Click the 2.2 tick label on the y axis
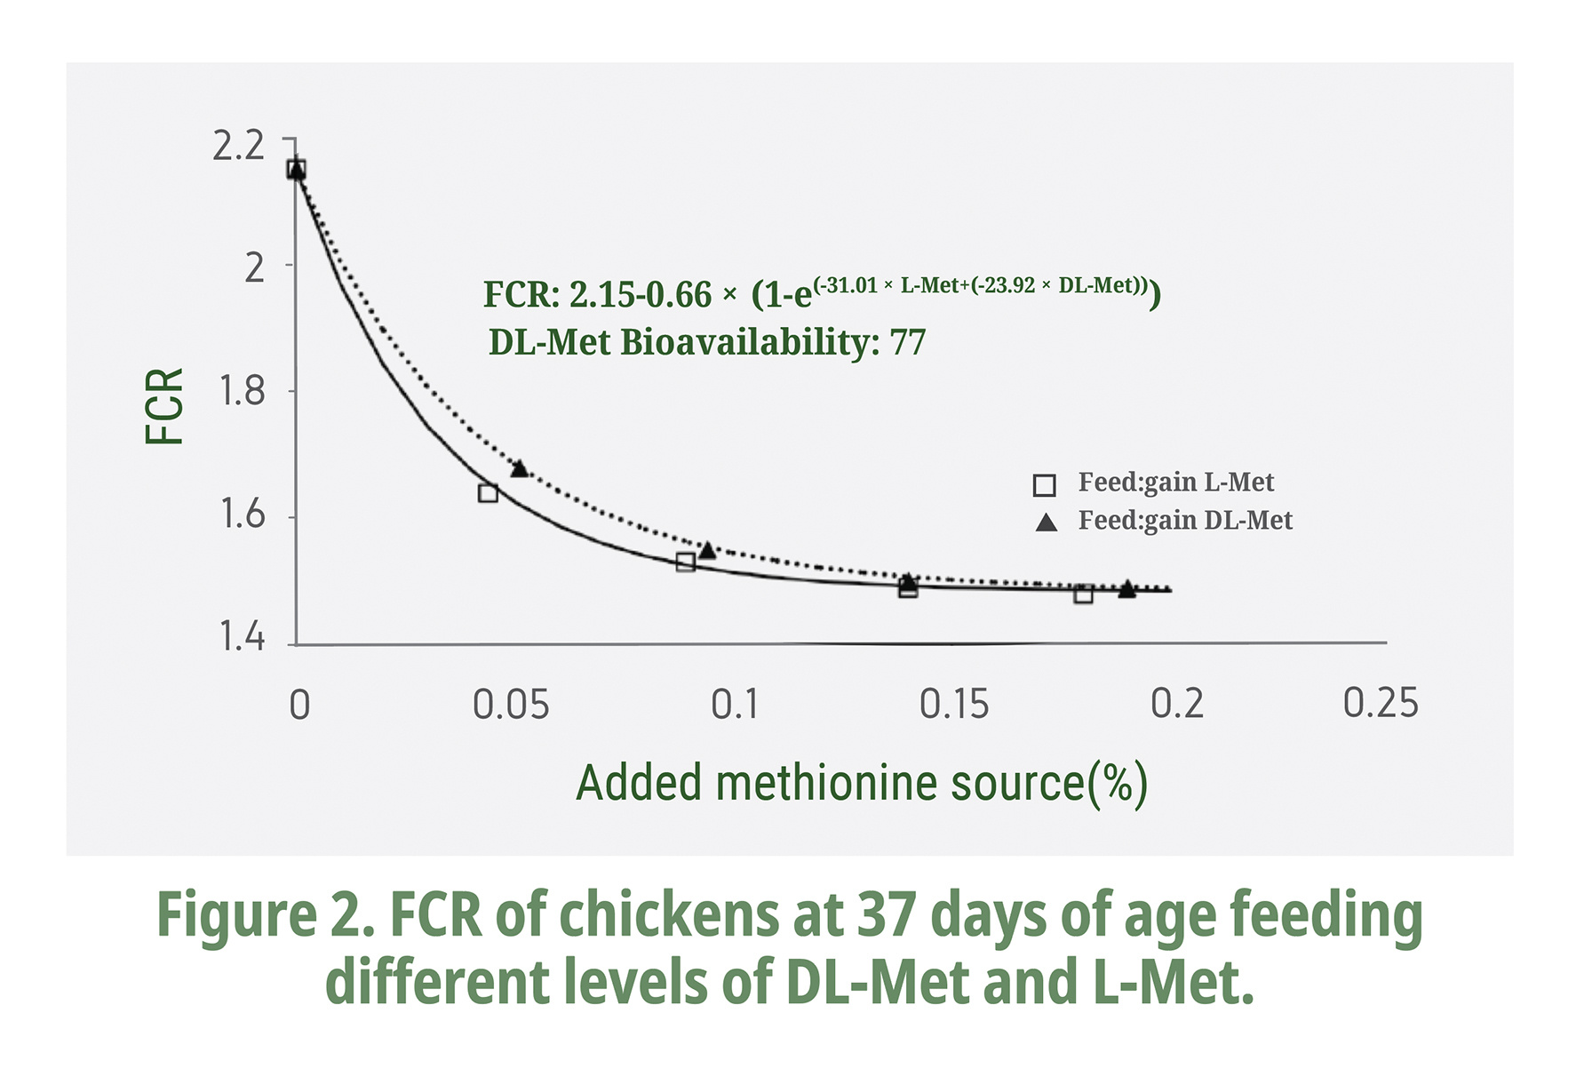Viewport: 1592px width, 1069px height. coord(238,146)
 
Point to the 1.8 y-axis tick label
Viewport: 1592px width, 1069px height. coord(242,391)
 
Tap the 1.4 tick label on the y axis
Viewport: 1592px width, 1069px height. coord(242,637)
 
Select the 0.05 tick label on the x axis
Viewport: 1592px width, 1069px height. coord(511,705)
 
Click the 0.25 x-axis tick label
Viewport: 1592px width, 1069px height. coord(1381,703)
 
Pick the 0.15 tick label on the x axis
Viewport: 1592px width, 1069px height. coord(953,705)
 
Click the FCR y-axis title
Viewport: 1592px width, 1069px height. coord(165,406)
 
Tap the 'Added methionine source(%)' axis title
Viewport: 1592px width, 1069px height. coord(862,784)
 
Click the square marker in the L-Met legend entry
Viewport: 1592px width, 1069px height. coord(1045,485)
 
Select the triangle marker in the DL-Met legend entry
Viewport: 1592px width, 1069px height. coord(1047,523)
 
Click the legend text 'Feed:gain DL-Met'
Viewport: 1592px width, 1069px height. coord(1185,520)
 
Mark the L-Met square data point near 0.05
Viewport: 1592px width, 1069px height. coord(488,493)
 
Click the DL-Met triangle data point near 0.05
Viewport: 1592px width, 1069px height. coord(520,468)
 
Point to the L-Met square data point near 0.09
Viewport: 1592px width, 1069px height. coord(685,562)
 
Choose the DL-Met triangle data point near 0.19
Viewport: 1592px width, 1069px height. coord(1126,588)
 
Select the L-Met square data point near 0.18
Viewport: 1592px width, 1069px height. coord(1083,594)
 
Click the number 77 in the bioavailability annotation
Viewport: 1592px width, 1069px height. coord(908,342)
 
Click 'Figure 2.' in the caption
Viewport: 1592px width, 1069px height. coord(266,915)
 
